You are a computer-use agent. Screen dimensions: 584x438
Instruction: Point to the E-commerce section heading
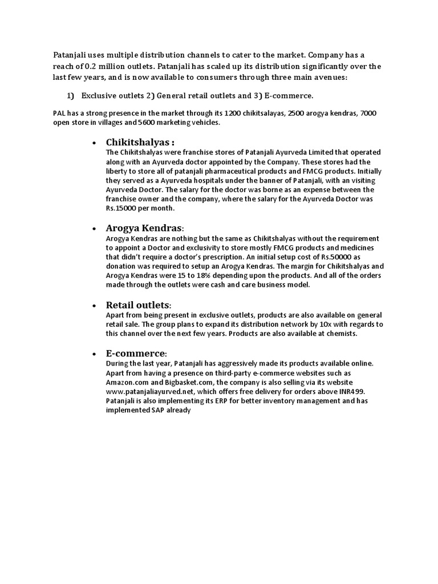coord(136,353)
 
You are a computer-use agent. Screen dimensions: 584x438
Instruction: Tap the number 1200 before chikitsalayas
coord(232,113)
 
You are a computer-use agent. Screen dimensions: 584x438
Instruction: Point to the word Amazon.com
coord(128,382)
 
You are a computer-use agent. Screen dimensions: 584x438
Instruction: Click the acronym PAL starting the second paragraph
coord(59,113)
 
